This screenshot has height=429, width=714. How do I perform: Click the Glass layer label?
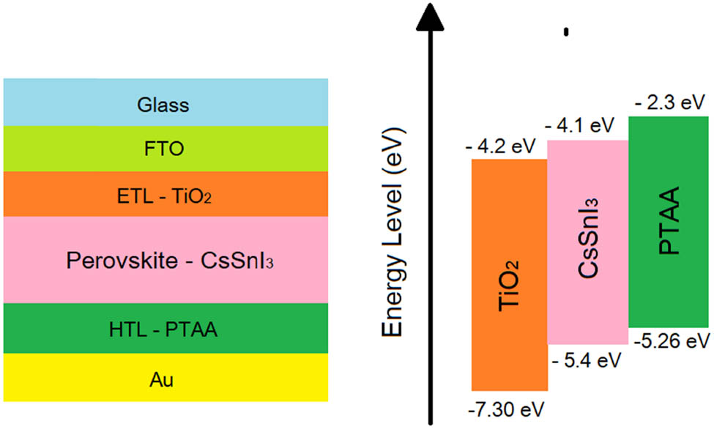click(x=163, y=105)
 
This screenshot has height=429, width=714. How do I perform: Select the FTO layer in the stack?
click(x=163, y=149)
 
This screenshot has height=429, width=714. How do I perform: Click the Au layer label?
click(x=163, y=379)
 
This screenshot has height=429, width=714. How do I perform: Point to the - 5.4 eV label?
click(x=587, y=360)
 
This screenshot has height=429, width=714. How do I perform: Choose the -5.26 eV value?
click(x=671, y=340)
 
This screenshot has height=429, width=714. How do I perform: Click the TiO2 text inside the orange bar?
click(x=510, y=291)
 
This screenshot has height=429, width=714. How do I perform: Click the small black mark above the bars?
click(x=565, y=31)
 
